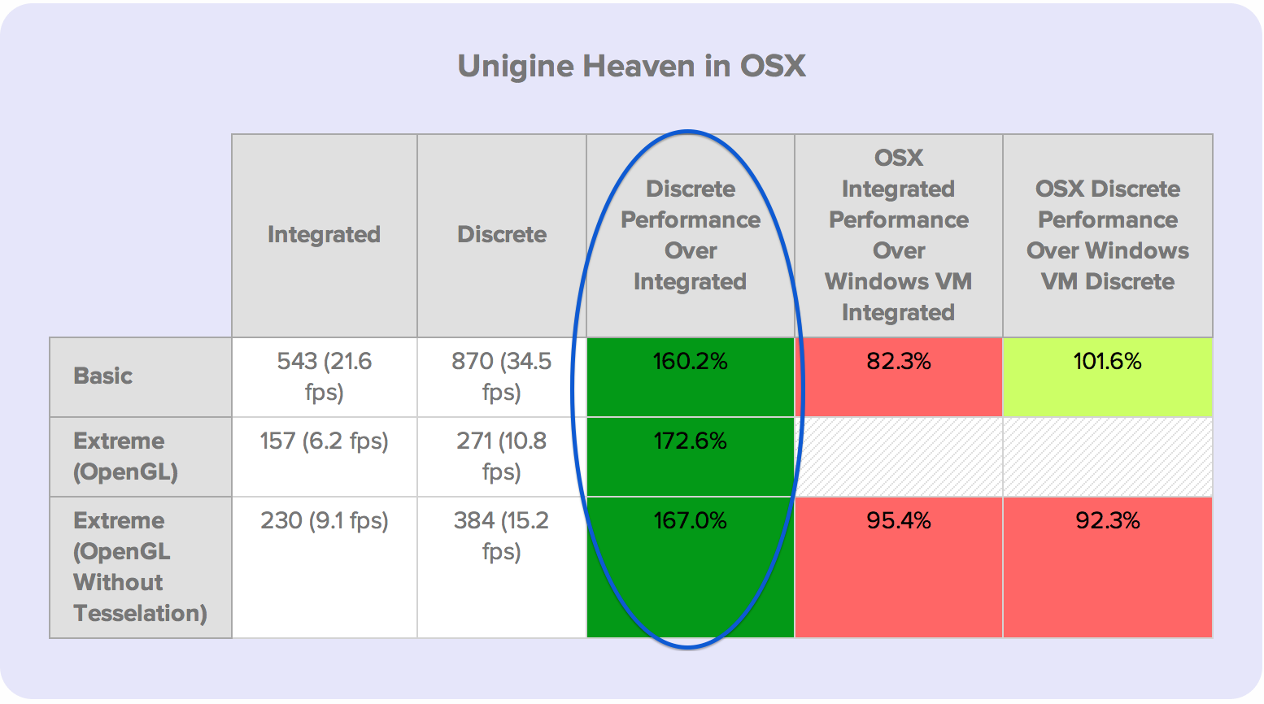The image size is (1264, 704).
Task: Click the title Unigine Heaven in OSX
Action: tap(631, 66)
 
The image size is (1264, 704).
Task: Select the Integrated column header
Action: tap(324, 234)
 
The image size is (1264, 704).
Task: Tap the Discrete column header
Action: tap(502, 234)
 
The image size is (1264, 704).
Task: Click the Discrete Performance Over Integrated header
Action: tap(691, 235)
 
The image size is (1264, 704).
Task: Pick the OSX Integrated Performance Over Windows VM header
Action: tap(898, 235)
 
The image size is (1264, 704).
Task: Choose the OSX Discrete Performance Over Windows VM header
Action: tap(1108, 235)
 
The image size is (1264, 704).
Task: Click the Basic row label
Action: tap(103, 376)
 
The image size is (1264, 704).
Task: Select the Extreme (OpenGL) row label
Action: tap(125, 456)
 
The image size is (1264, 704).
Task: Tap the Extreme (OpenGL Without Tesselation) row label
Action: tap(140, 567)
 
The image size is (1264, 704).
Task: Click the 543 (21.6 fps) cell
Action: tap(324, 376)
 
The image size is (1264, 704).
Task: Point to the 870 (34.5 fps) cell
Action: tap(501, 376)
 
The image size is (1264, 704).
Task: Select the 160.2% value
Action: tap(691, 361)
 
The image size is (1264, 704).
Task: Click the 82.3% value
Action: tap(898, 361)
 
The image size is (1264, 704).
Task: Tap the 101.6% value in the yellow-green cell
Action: tap(1107, 361)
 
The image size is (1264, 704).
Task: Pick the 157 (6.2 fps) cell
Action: tap(324, 441)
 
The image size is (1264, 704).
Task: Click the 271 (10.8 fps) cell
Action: tap(501, 456)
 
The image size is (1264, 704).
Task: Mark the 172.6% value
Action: tap(691, 441)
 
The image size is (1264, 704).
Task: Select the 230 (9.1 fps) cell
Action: tap(324, 520)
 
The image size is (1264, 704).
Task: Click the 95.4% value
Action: tap(898, 520)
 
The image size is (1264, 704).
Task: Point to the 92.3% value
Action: tap(1107, 520)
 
